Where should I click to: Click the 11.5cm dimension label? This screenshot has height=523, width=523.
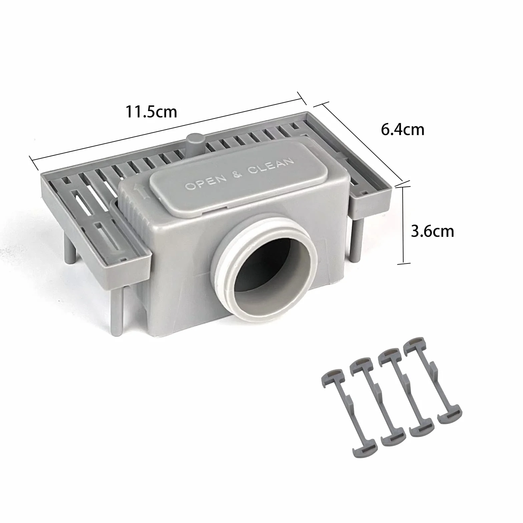pos(151,111)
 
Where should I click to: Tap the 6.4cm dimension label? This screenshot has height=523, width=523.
pos(403,129)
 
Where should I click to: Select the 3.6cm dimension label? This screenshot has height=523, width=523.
pos(432,231)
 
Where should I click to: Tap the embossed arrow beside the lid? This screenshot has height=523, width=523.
pos(138,192)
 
